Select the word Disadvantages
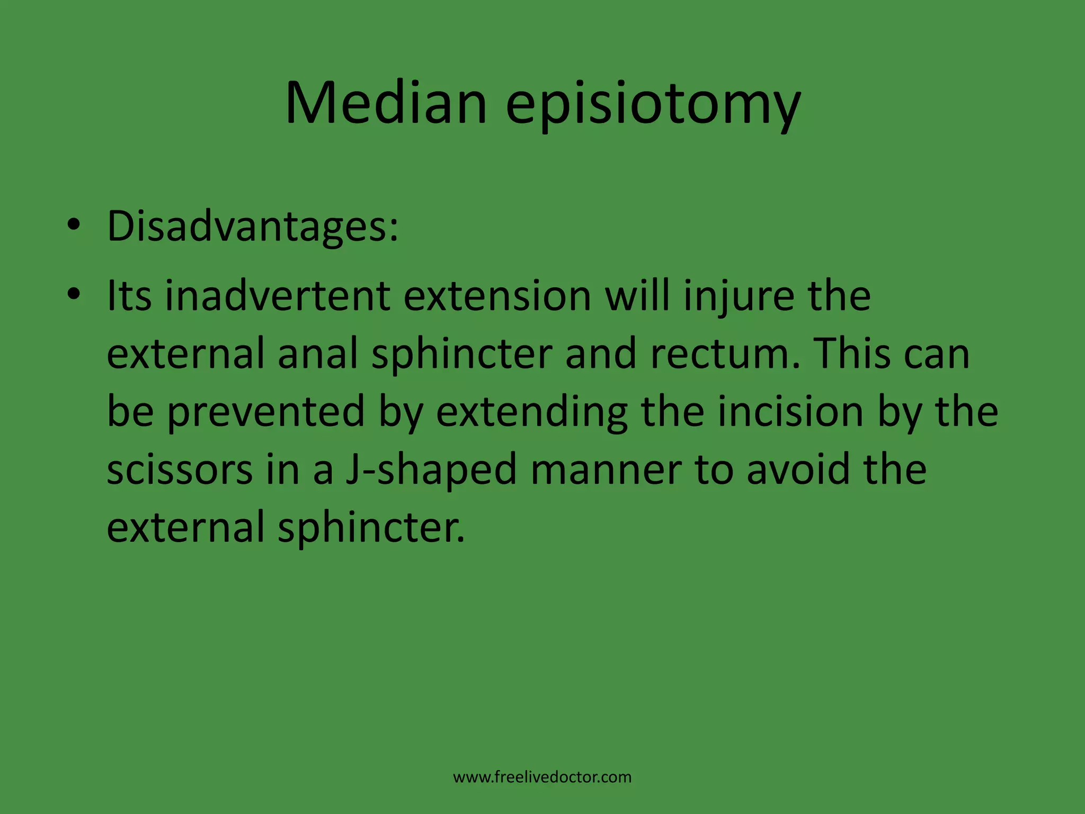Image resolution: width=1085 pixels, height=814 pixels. tap(252, 226)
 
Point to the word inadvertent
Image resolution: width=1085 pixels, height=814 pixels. tap(278, 296)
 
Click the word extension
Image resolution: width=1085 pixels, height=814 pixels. tap(497, 296)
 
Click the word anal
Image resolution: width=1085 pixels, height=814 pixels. tap(318, 354)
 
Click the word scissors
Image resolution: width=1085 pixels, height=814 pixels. tap(180, 470)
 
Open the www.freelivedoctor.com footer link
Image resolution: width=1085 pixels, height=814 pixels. tap(542, 777)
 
